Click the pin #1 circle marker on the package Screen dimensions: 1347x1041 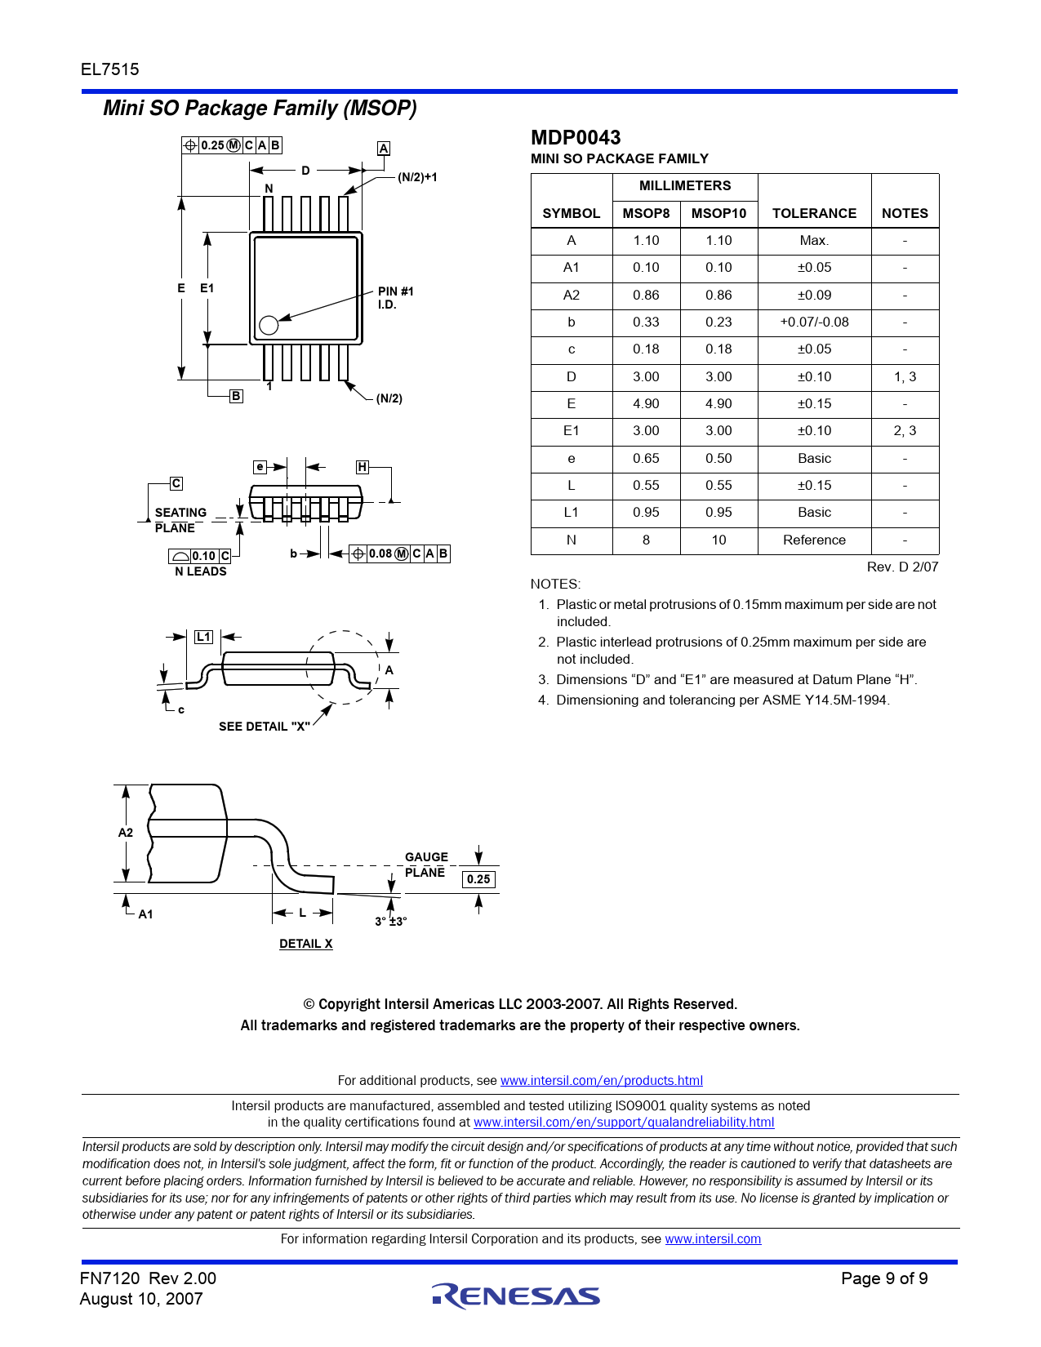pos(269,325)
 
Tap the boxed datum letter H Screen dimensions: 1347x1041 pos(363,467)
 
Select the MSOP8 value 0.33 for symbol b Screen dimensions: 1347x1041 pos(646,322)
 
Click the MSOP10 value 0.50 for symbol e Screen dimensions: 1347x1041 pos(718,458)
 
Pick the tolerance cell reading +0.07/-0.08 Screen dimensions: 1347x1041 pos(814,322)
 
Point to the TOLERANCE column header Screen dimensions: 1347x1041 pos(814,213)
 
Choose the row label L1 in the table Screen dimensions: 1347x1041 pos(571,512)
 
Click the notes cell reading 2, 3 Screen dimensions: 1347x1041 pos(905,430)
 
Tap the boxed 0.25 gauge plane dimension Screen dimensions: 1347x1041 pos(478,879)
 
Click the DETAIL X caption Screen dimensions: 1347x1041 pos(305,944)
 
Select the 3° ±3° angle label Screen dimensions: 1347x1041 pos(391,922)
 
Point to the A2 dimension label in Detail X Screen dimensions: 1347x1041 pos(125,833)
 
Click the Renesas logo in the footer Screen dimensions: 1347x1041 pos(516,1296)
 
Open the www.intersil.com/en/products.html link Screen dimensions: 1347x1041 pos(601,1081)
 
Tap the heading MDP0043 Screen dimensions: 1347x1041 pos(576,137)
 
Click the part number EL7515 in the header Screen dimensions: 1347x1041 pos(110,69)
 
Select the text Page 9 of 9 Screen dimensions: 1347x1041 pos(884,1278)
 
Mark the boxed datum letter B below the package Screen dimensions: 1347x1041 pos(236,396)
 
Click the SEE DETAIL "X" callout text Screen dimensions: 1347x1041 pos(265,727)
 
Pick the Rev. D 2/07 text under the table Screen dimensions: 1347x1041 pos(902,567)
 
